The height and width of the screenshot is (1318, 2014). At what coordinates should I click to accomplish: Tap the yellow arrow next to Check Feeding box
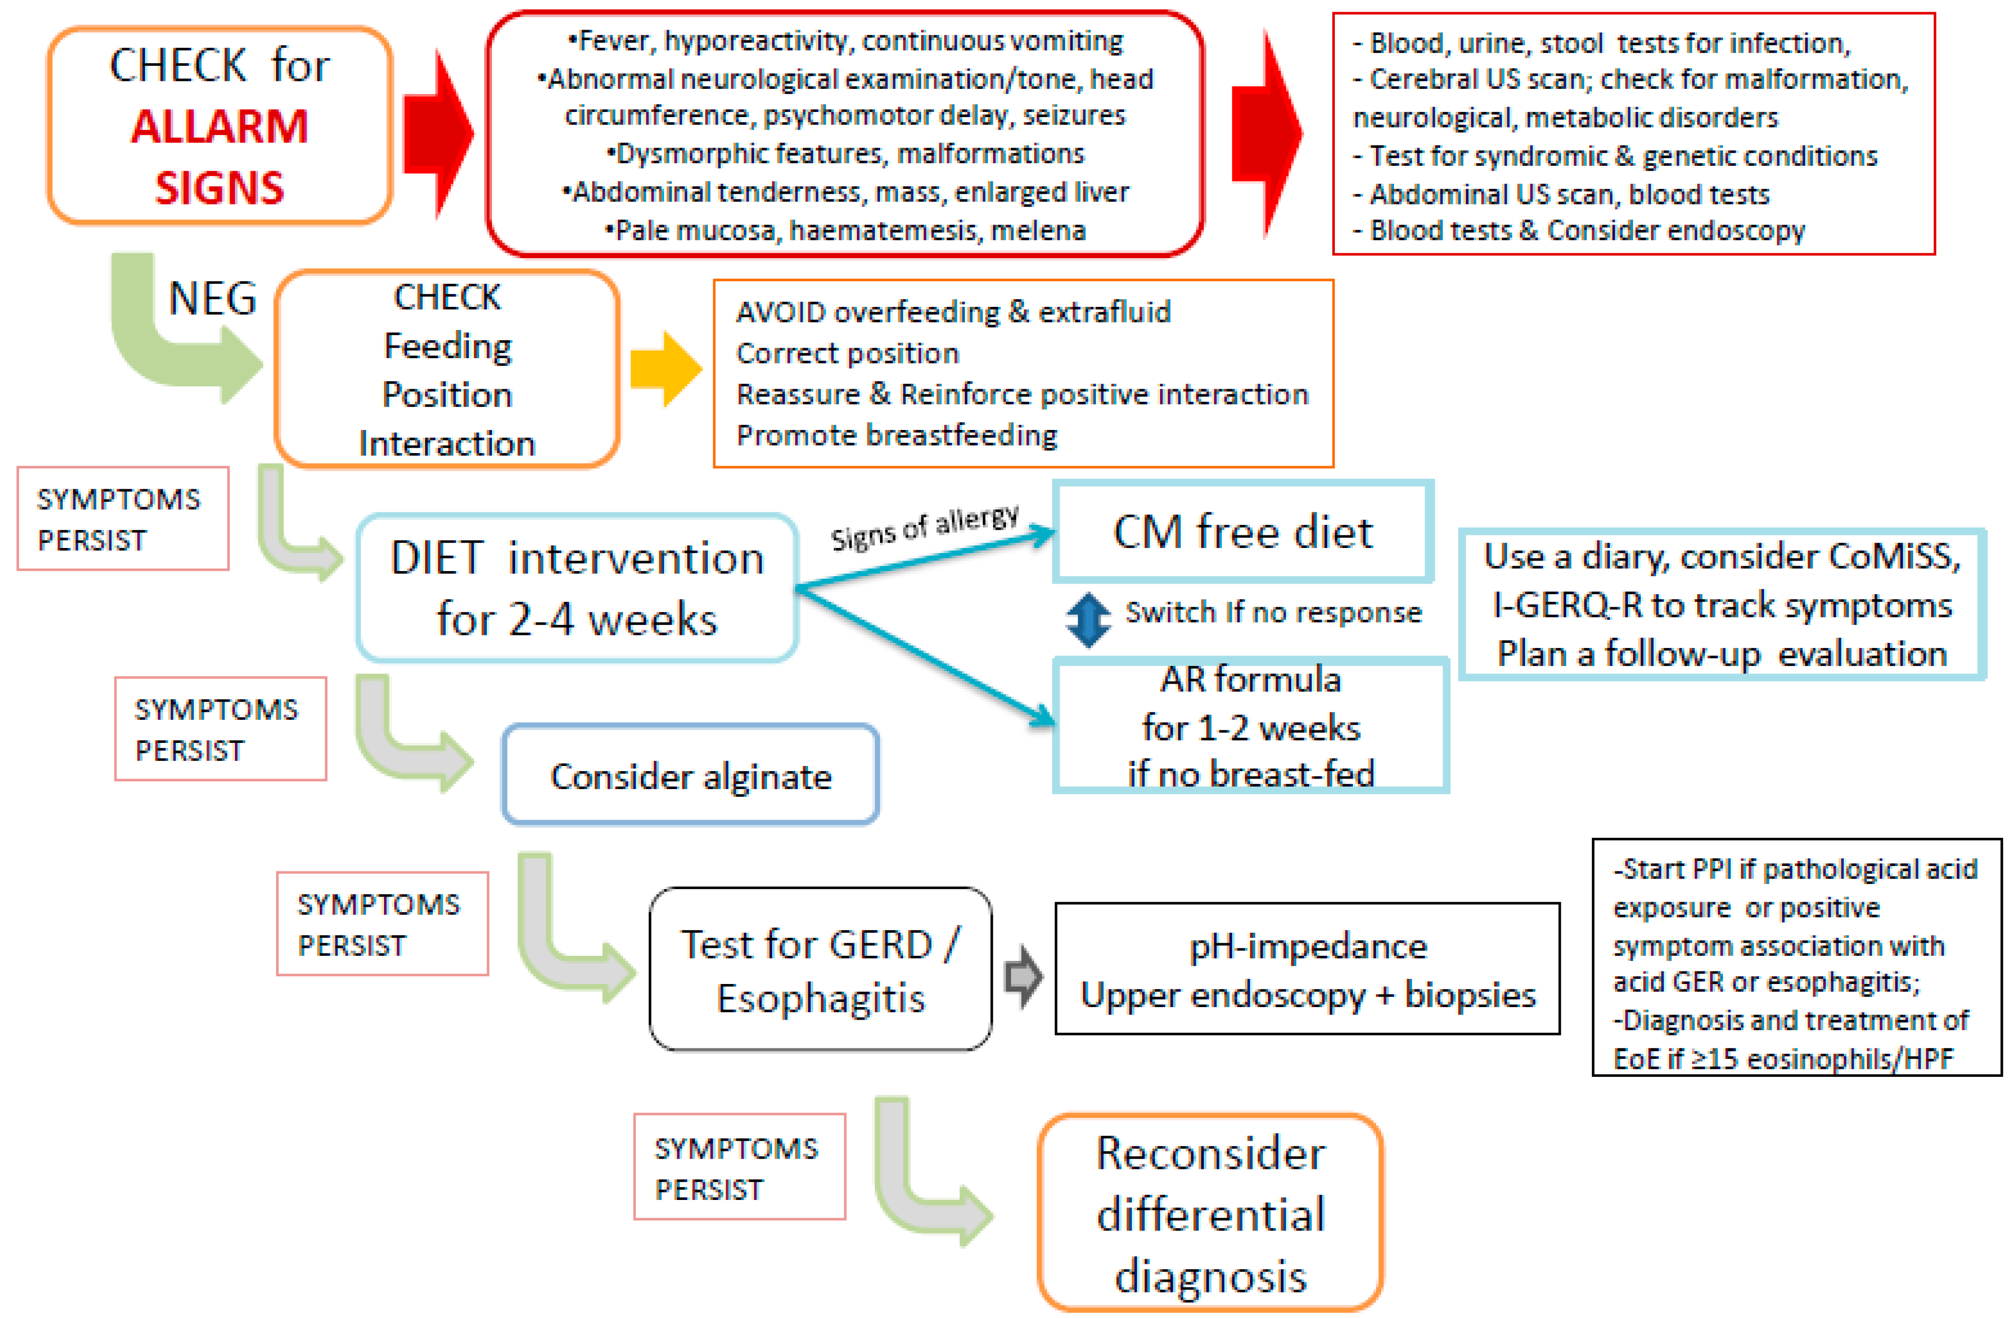click(x=666, y=369)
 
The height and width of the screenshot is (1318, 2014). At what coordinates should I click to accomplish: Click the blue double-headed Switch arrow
click(x=1088, y=620)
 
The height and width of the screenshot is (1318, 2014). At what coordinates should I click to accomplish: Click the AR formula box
click(x=1250, y=726)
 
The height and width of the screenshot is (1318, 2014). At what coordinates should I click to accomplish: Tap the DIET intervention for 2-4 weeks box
click(x=577, y=588)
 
